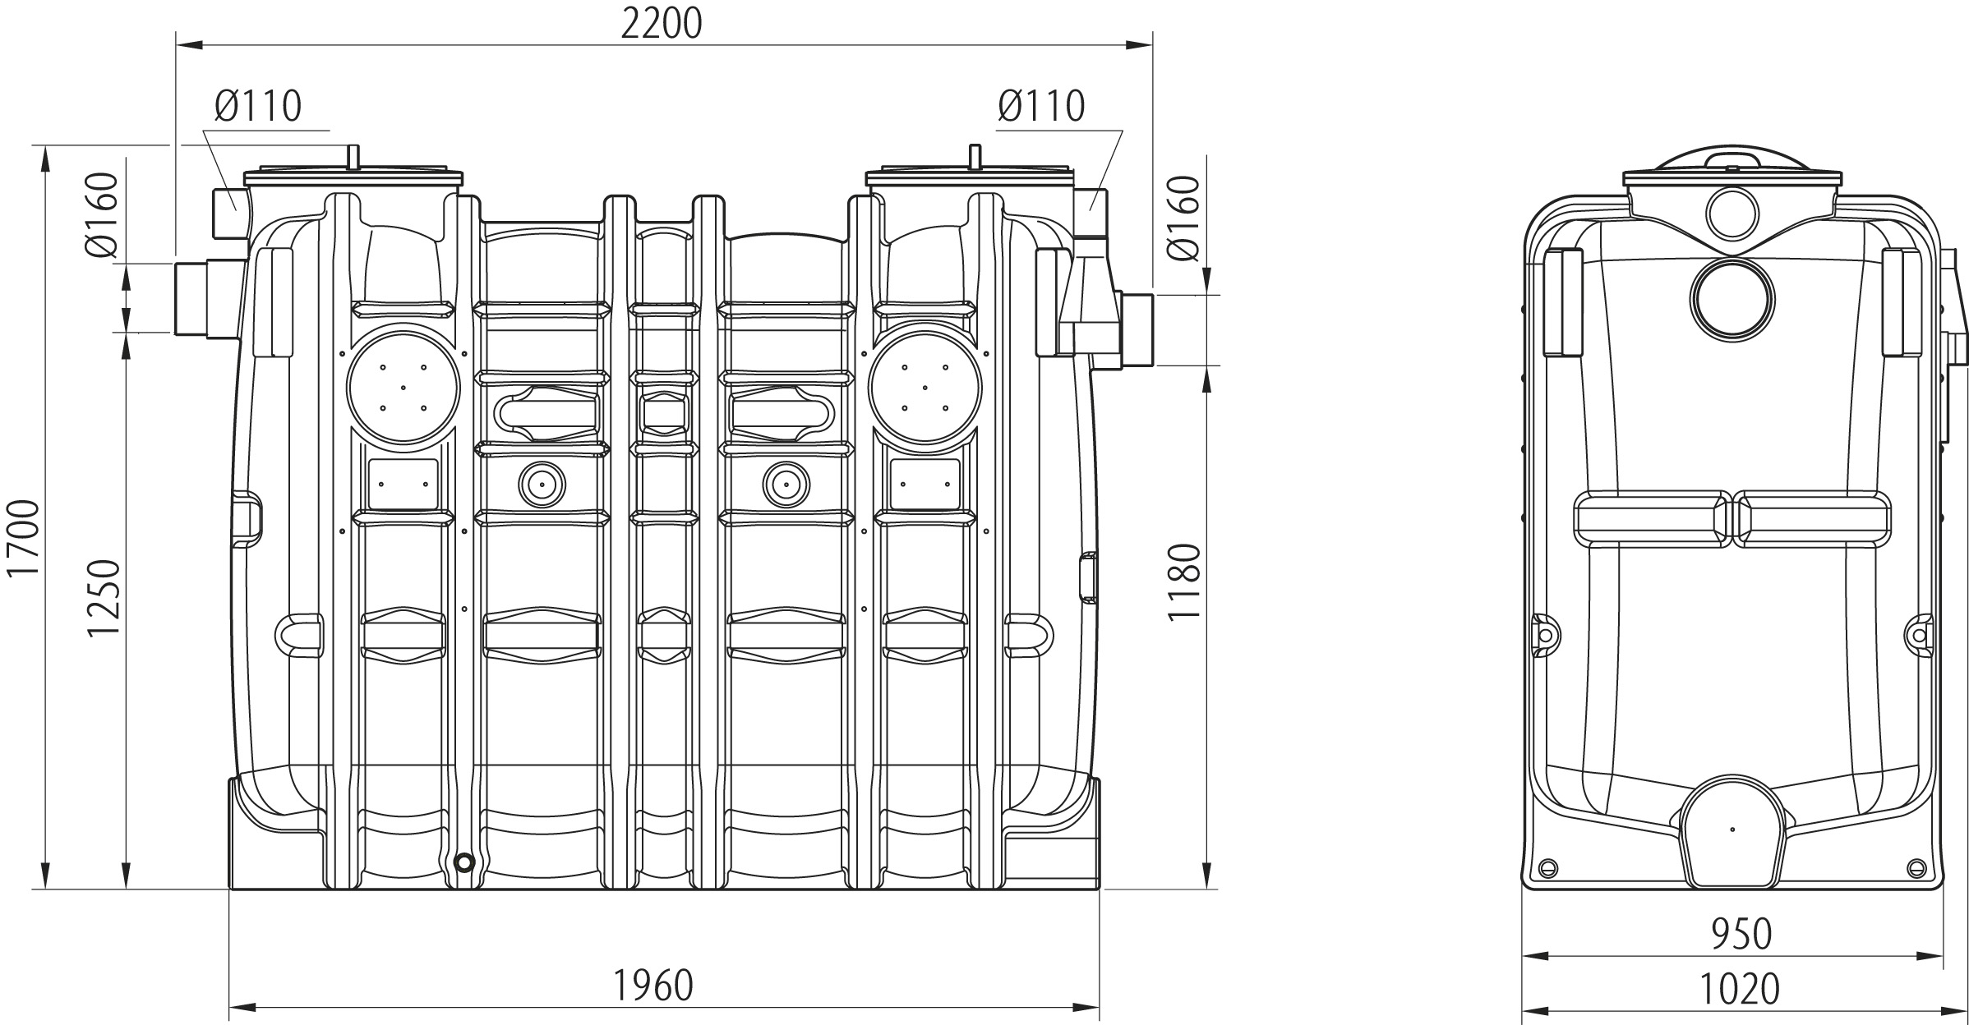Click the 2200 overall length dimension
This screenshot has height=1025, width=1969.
coord(661,24)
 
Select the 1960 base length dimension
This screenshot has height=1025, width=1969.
coord(653,986)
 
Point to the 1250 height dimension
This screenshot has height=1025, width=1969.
coord(105,599)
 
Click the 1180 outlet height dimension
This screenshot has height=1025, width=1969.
coord(1185,581)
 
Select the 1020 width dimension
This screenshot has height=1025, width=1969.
coord(1740,989)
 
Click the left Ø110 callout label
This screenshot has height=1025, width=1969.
coord(258,106)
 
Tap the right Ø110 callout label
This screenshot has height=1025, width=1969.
coord(1041,106)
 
